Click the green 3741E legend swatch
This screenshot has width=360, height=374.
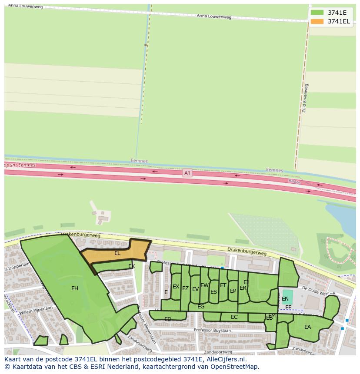tap(317, 12)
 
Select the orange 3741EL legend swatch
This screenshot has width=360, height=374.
tap(317, 21)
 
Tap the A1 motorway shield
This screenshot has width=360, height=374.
tap(187, 173)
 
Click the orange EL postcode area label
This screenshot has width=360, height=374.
tap(117, 253)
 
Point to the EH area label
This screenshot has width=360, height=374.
tap(75, 288)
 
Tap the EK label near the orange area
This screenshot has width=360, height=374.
tap(131, 266)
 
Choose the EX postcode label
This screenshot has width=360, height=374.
tap(176, 287)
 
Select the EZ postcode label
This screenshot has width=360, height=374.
tap(185, 288)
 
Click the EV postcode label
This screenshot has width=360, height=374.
tap(195, 289)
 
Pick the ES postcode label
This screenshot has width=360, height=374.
tap(213, 292)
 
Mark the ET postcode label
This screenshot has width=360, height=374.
tap(223, 285)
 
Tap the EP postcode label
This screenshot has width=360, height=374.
tap(233, 291)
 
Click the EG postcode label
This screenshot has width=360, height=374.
tap(201, 307)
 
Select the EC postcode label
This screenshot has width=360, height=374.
tap(234, 317)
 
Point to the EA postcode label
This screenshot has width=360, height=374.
tap(307, 327)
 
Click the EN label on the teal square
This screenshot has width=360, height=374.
tap(285, 299)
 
